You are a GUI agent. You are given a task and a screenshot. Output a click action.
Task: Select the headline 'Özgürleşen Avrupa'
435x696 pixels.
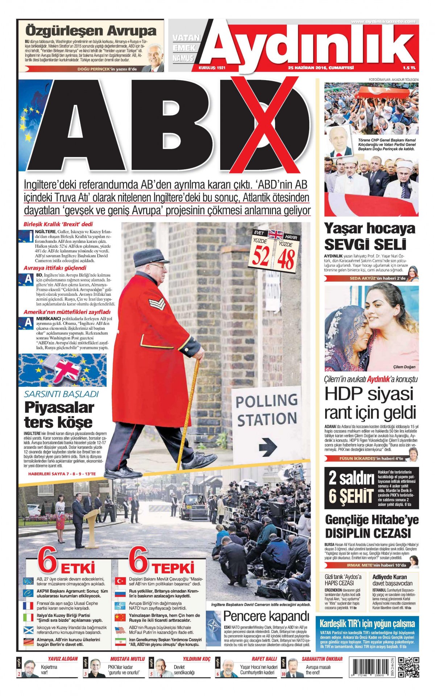pos(91,30)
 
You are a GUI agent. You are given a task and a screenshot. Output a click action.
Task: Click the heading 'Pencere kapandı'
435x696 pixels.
pos(266,616)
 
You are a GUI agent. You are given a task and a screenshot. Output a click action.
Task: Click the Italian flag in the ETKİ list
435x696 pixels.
pos(28,617)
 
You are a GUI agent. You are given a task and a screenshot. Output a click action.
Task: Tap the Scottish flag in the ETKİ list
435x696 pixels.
pos(28,629)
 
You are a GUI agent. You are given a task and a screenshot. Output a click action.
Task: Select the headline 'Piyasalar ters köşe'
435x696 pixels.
pos(59,415)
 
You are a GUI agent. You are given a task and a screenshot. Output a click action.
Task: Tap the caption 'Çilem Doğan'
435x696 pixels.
pos(404,367)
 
